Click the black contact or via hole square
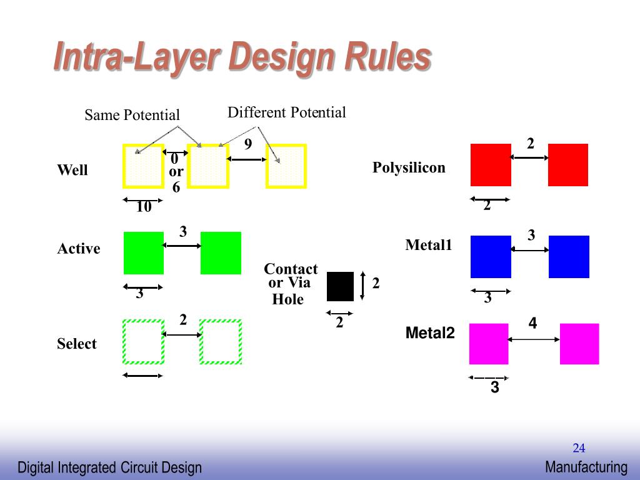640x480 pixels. [340, 286]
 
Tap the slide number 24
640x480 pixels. [579, 447]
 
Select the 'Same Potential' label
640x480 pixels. [132, 115]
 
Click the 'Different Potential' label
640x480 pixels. [286, 112]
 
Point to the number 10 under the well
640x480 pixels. [144, 207]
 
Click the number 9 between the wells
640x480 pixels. [248, 145]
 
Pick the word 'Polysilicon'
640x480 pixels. [409, 167]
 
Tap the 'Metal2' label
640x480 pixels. [430, 333]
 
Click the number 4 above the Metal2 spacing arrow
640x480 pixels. [532, 323]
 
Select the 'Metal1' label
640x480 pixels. [428, 245]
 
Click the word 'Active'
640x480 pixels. [79, 249]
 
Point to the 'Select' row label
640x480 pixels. [77, 344]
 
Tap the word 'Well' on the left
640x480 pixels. [72, 170]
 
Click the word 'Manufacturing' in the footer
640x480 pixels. [586, 467]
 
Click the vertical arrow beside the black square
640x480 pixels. [363, 286]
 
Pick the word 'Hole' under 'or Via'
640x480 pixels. [287, 299]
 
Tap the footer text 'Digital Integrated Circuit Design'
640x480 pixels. [109, 467]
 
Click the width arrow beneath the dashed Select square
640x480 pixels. [143, 376]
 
